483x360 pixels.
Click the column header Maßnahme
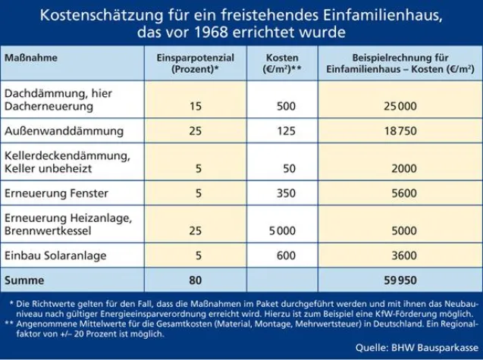click(32, 58)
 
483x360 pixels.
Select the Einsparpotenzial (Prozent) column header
click(195, 63)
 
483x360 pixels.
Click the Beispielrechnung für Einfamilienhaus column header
click(400, 63)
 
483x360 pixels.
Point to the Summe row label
click(25, 280)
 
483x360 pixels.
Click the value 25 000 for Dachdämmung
click(400, 106)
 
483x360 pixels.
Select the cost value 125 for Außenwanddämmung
click(286, 131)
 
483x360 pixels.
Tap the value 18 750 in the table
click(400, 131)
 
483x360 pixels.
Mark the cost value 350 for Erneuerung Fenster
click(286, 193)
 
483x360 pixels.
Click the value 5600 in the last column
click(400, 193)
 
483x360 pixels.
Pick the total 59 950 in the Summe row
click(400, 280)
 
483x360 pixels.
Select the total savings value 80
click(195, 280)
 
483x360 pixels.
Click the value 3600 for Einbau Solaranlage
click(400, 256)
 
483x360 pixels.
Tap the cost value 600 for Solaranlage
click(286, 256)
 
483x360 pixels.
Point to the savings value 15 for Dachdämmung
click(195, 106)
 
